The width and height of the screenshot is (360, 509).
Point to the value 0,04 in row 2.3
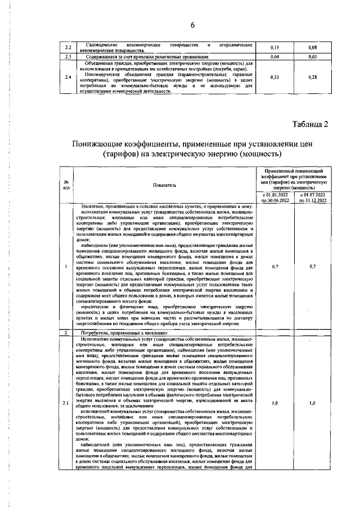(x=276, y=57)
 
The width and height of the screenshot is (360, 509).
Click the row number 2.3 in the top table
(x=67, y=57)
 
